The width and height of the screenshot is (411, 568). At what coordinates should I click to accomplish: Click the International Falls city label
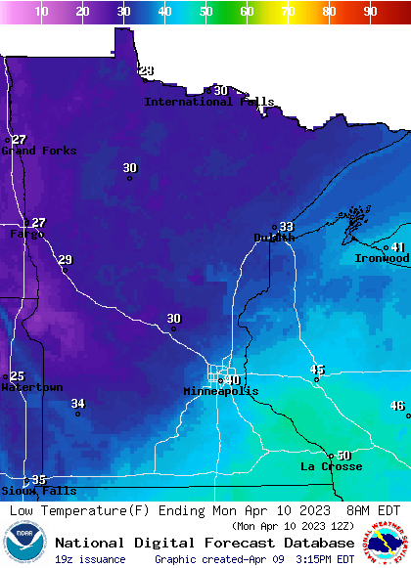click(x=208, y=102)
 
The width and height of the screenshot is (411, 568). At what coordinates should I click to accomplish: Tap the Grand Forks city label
click(x=38, y=151)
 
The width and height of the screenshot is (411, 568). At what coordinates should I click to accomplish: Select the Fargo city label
click(x=24, y=235)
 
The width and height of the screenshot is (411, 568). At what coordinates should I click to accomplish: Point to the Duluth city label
click(x=274, y=238)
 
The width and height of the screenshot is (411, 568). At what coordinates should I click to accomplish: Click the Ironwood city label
click(x=382, y=258)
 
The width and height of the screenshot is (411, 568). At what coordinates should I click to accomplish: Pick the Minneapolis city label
click(x=221, y=391)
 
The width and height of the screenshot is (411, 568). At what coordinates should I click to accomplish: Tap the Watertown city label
click(x=31, y=387)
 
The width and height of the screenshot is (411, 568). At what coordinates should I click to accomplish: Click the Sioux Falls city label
click(x=38, y=491)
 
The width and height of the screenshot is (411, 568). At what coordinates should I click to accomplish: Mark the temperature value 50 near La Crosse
click(x=343, y=456)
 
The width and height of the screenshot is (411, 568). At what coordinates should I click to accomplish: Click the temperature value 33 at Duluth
click(x=286, y=227)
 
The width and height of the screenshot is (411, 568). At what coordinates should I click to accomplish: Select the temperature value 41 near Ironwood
click(x=398, y=247)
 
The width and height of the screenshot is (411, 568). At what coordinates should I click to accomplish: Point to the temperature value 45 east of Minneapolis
click(x=317, y=370)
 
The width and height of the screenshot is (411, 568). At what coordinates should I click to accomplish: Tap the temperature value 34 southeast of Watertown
click(x=78, y=404)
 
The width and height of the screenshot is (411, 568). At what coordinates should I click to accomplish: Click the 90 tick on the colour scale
click(x=370, y=12)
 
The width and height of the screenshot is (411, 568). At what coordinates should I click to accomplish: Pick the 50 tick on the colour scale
click(x=205, y=12)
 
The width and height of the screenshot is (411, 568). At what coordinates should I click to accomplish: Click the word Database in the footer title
click(x=312, y=543)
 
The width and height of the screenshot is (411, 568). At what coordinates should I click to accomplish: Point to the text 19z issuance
click(x=90, y=559)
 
